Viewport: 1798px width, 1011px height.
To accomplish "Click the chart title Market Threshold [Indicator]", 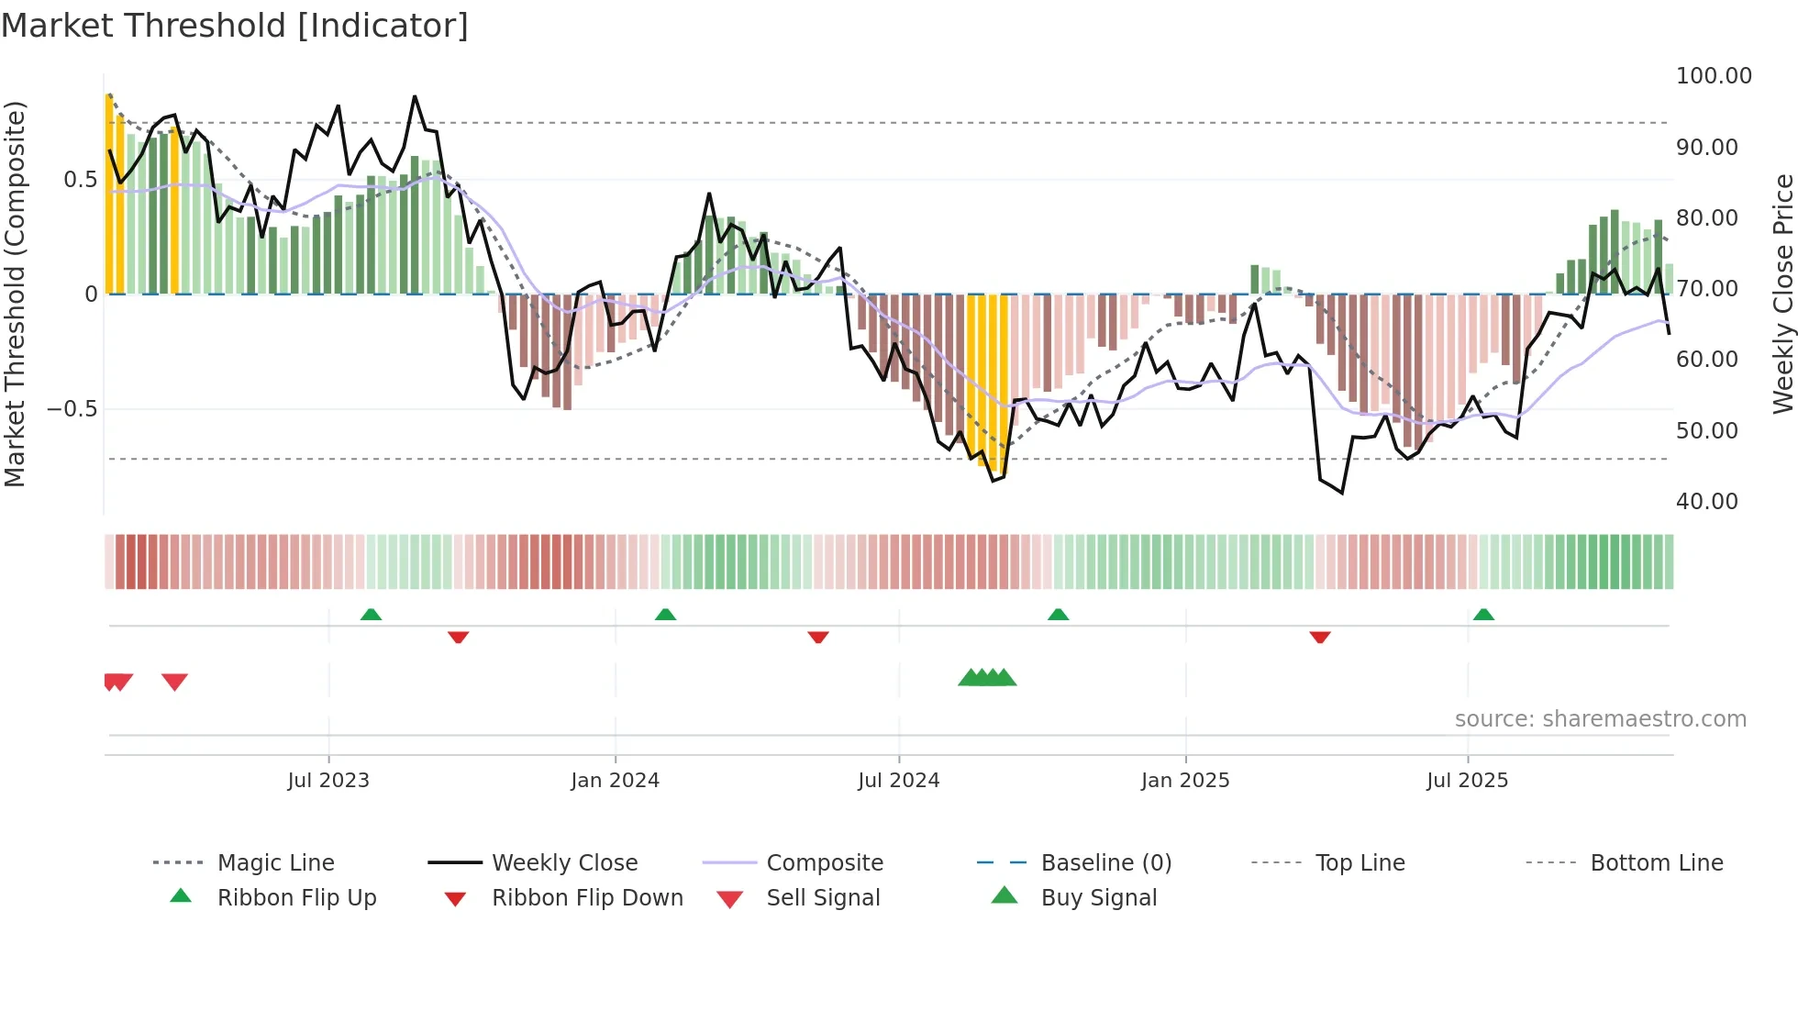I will pos(235,26).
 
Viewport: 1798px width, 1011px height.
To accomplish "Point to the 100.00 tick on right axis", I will pos(1713,76).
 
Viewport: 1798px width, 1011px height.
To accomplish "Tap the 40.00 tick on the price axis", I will pos(1706,502).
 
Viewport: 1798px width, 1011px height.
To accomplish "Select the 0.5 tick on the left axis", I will pos(80,180).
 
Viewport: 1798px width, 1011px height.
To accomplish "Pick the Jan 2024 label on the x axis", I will pos(615,781).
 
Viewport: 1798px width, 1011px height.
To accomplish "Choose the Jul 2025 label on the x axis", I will pos(1467,781).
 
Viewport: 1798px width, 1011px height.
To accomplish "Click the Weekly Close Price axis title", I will pos(1782,294).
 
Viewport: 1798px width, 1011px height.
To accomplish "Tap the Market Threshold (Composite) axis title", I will pos(15,294).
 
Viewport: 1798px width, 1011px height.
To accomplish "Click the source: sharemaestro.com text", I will pos(1600,719).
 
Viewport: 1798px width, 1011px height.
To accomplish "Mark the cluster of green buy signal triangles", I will pos(987,678).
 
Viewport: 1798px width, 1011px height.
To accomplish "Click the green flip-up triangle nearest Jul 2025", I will pos(1483,615).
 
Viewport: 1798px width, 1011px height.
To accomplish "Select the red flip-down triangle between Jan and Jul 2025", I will pos(1320,637).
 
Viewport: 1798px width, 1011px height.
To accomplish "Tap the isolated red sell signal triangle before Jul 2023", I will pos(174,682).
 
